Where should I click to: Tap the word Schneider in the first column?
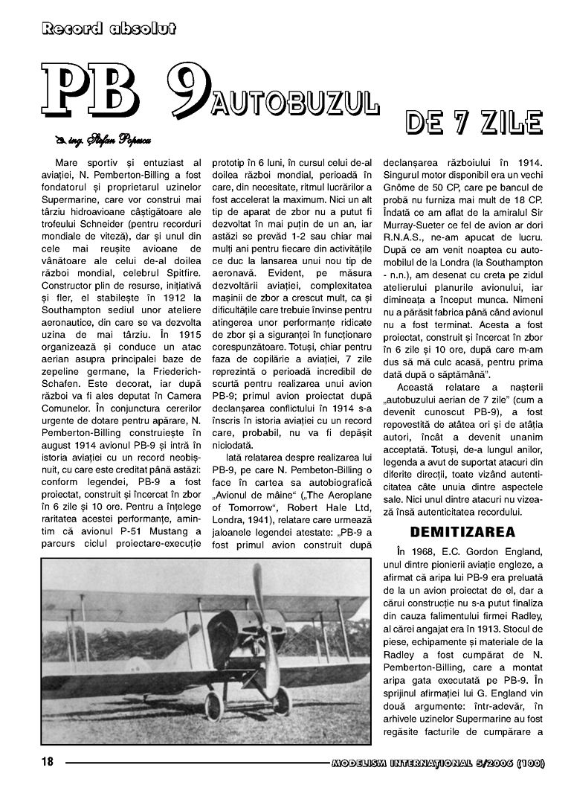coord(103,214)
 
